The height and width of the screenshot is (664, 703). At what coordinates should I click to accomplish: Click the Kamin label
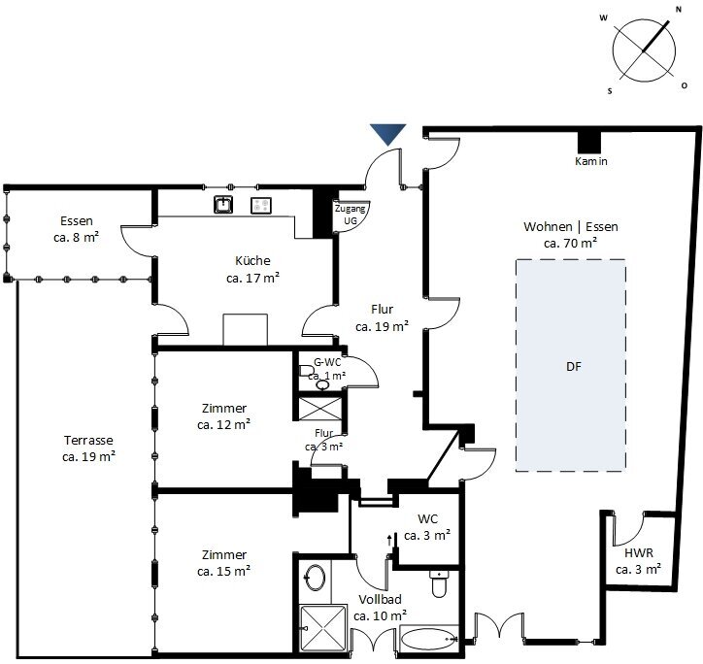click(591, 161)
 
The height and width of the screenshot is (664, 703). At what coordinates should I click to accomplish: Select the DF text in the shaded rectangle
click(574, 366)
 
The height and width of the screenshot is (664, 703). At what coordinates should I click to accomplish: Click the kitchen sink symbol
click(222, 205)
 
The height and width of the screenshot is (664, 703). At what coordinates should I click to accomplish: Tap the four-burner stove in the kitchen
click(261, 206)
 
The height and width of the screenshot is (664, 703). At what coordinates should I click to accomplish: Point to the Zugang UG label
click(351, 215)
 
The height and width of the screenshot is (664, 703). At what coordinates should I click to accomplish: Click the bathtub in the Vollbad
click(429, 638)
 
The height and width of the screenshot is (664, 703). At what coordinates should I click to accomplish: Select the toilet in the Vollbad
click(439, 582)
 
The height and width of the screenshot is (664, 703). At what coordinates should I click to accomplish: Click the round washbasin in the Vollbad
click(316, 577)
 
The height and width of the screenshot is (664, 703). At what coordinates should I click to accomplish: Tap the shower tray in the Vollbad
click(322, 627)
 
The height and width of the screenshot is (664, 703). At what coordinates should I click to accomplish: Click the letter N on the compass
click(679, 10)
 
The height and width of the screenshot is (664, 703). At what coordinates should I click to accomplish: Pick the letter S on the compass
click(610, 91)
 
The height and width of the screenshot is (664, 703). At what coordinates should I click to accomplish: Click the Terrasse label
click(88, 441)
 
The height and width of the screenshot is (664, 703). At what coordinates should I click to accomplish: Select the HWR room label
click(639, 553)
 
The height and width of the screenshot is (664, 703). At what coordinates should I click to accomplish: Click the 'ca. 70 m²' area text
click(570, 243)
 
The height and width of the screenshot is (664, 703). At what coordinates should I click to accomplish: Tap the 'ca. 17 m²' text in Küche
click(252, 278)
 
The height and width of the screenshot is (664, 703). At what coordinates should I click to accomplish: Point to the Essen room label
click(77, 220)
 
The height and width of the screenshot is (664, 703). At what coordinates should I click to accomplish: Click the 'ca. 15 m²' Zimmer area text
click(223, 571)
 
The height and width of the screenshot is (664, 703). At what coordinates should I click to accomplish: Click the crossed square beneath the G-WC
click(319, 409)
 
